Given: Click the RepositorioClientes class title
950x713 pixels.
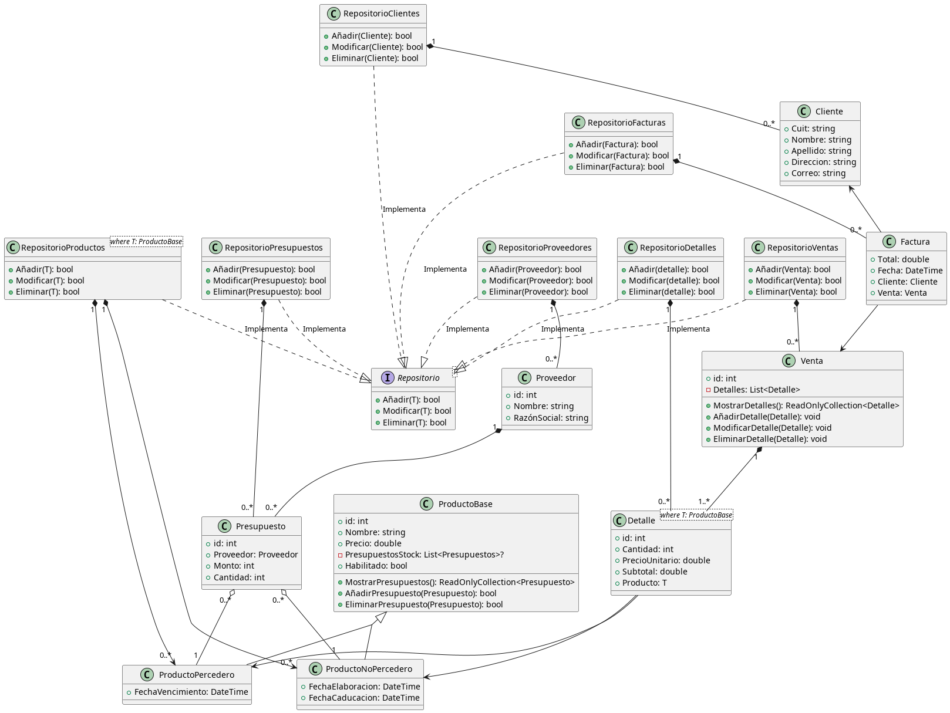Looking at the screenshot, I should coord(381,13).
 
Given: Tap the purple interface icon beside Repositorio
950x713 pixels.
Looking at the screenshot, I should coord(388,378).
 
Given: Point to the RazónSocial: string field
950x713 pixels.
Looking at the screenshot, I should coord(551,418).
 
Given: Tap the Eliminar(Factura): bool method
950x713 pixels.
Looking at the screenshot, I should coord(620,167).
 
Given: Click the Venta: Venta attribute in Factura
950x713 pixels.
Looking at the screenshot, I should coord(902,293).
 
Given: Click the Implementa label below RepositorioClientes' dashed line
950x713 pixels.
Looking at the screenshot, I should coord(404,209).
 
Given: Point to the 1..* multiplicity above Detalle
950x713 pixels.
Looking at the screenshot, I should coord(703,502).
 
